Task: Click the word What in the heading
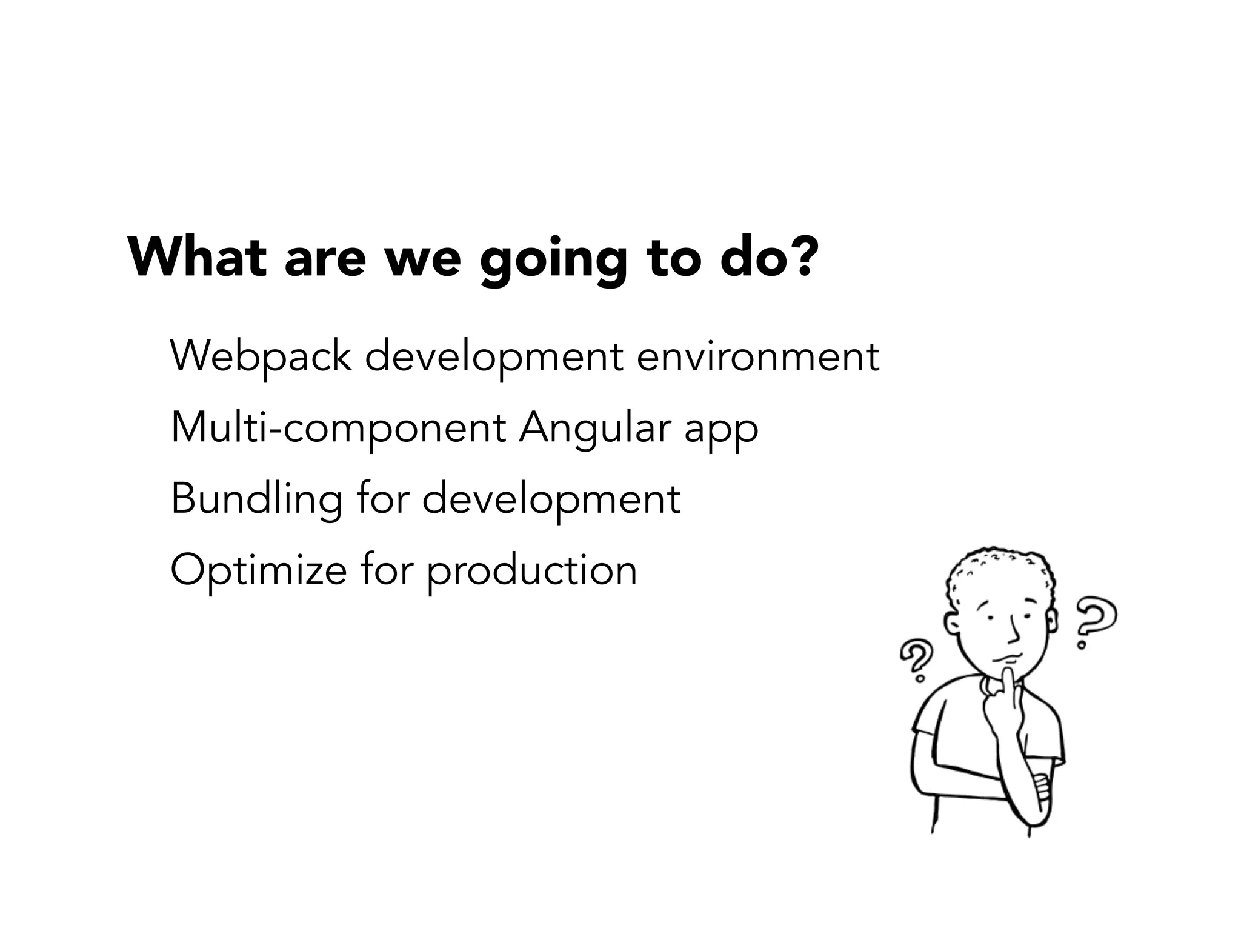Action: point(197,257)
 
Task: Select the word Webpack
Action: point(261,357)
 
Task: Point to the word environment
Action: point(757,357)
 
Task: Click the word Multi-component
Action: point(338,429)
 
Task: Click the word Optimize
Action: point(258,571)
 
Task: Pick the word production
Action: point(531,572)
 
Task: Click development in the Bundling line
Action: point(551,501)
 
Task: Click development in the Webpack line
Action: point(494,358)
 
